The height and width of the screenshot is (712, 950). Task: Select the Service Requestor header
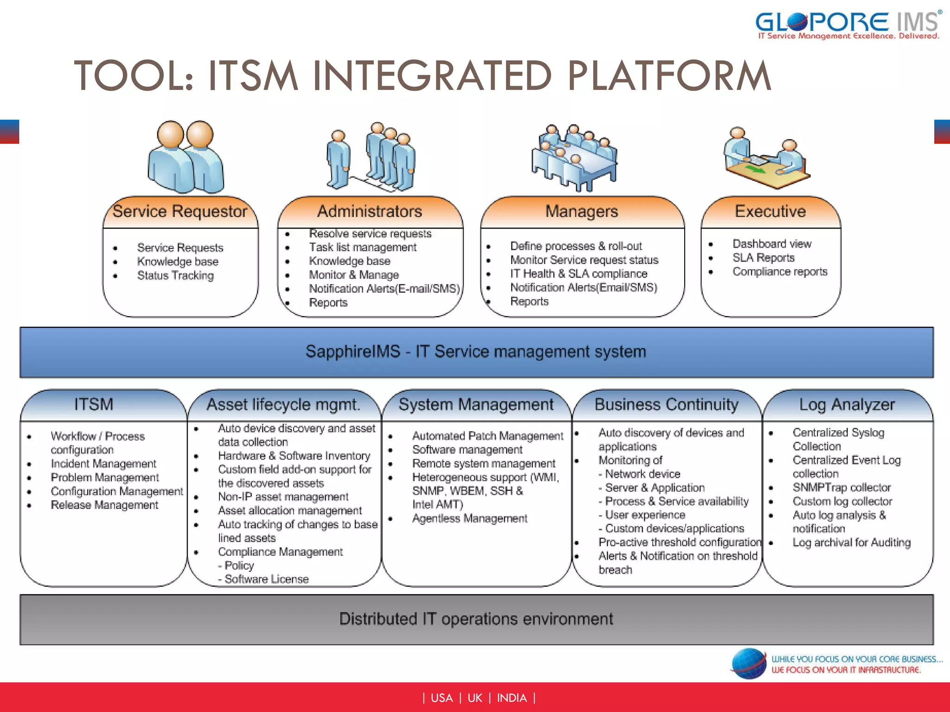click(180, 211)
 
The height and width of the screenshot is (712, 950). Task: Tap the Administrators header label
click(369, 211)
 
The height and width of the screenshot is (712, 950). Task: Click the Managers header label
click(581, 211)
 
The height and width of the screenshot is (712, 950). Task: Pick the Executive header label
click(770, 211)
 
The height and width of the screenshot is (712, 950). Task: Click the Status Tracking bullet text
click(175, 275)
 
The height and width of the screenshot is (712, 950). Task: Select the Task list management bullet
click(363, 247)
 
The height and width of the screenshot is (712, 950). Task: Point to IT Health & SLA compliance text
click(578, 273)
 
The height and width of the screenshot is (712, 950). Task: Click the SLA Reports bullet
click(763, 258)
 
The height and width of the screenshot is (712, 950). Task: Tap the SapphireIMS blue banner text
click(475, 351)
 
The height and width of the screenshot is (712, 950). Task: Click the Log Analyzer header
click(847, 404)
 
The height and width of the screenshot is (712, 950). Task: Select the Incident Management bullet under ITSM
click(103, 464)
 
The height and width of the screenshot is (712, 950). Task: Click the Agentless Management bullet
click(469, 518)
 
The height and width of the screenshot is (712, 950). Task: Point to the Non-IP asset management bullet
click(283, 496)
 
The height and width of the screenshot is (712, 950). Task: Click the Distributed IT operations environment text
click(476, 619)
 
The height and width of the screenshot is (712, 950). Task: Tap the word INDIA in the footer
click(512, 698)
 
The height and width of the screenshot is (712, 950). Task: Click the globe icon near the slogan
click(749, 664)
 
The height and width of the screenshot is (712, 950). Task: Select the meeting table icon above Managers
click(574, 158)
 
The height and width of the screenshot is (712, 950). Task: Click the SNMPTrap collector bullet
click(841, 488)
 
